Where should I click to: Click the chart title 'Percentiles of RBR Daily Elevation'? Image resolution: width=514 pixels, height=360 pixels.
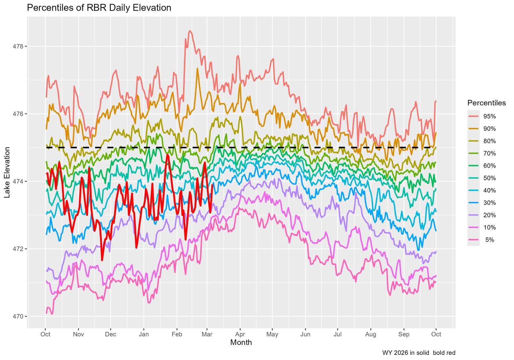click(x=99, y=8)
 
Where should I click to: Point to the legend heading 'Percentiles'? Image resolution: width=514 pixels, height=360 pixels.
click(x=486, y=103)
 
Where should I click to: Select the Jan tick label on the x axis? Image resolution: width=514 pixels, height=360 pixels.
click(x=144, y=334)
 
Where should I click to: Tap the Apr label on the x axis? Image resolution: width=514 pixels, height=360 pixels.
click(x=240, y=334)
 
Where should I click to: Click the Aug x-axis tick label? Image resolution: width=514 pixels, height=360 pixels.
click(x=371, y=334)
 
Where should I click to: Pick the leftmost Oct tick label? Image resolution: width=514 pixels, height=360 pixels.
click(x=45, y=334)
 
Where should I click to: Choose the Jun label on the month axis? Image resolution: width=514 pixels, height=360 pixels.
click(x=305, y=334)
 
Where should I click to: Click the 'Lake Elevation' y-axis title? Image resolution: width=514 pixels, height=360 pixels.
click(x=7, y=172)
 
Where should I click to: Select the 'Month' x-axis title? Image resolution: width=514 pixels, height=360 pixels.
click(x=241, y=343)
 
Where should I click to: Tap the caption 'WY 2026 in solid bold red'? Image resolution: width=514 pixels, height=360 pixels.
click(x=419, y=353)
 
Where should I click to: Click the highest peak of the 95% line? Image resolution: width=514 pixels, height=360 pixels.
click(x=190, y=31)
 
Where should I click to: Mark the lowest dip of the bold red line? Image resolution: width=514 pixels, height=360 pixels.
click(x=102, y=260)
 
